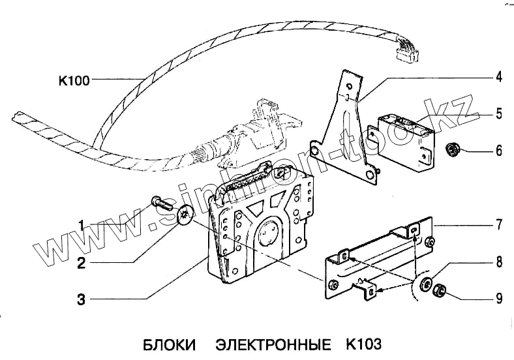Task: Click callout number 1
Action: (x=82, y=225)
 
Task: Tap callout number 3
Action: (x=81, y=300)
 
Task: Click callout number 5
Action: (x=498, y=114)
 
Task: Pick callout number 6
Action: (x=498, y=151)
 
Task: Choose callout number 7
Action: (x=498, y=226)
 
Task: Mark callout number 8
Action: (x=498, y=263)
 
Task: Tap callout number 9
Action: (x=498, y=299)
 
